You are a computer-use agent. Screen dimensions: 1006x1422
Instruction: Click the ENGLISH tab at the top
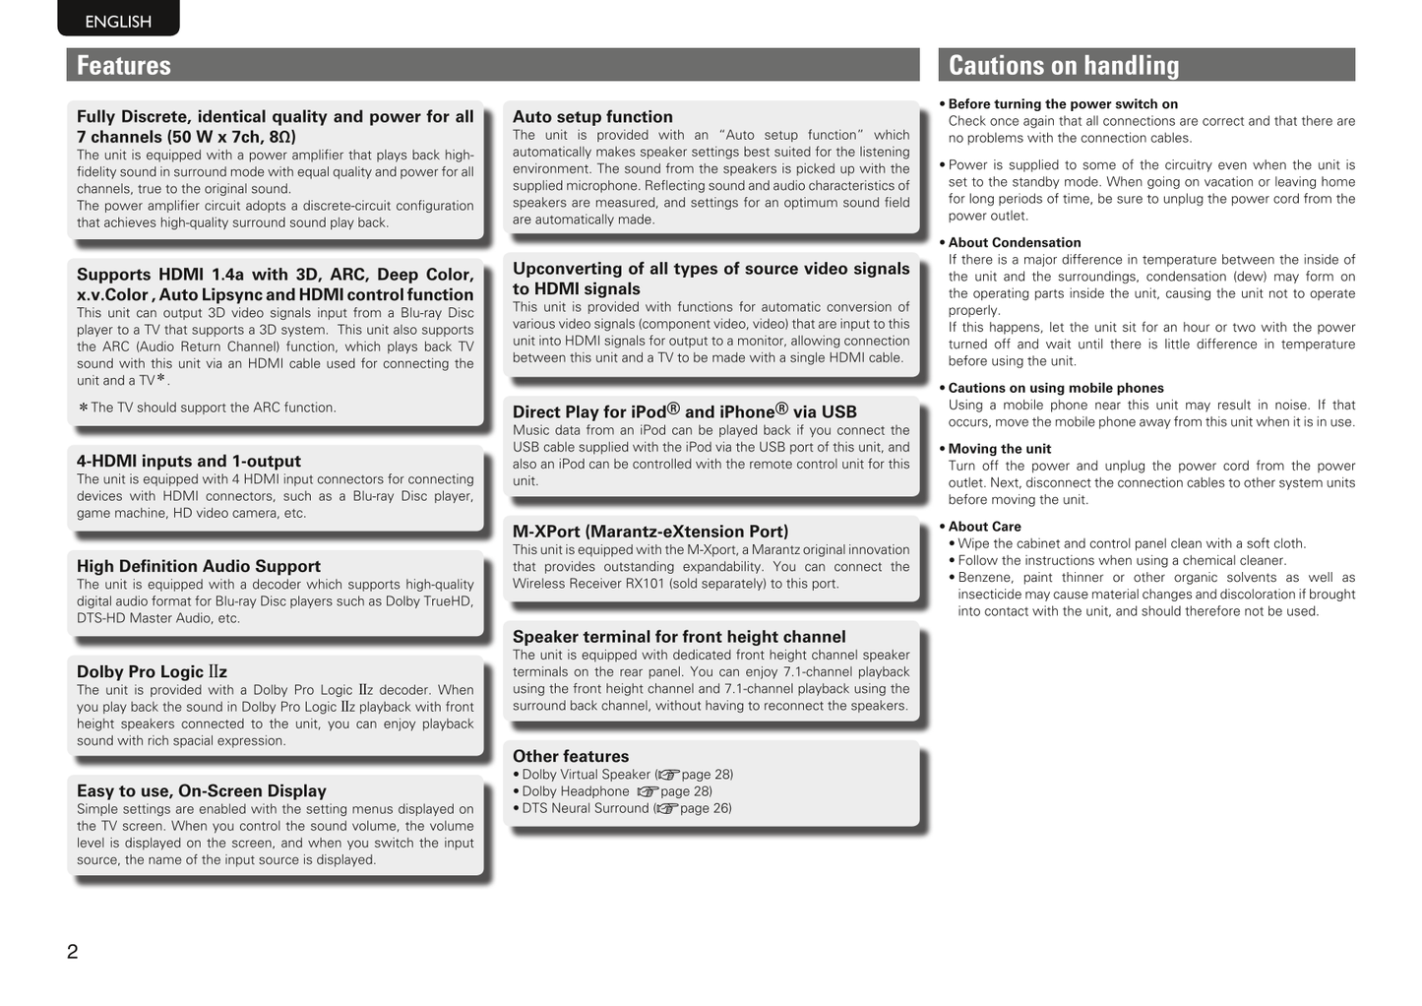click(118, 22)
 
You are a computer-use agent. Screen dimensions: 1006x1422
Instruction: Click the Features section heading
click(124, 66)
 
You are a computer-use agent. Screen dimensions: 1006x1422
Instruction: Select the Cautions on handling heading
click(1063, 66)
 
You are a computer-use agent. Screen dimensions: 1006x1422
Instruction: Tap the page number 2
click(72, 952)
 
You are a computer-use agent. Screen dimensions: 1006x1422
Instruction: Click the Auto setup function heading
click(592, 117)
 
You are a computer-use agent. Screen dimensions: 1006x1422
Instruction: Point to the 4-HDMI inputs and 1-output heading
click(189, 462)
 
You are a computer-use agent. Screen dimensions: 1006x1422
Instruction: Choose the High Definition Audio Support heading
click(199, 567)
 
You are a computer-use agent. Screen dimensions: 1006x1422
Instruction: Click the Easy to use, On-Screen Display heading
click(202, 791)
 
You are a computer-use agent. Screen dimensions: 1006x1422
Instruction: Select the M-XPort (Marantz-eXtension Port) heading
click(650, 532)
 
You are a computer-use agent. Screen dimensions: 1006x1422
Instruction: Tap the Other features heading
click(571, 757)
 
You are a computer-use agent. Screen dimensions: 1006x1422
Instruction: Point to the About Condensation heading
click(1015, 243)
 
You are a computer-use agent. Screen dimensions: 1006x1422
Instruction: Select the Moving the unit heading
click(1000, 449)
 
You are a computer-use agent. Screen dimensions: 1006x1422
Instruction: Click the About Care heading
click(985, 528)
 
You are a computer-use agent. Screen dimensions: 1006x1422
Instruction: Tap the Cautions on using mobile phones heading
click(1056, 389)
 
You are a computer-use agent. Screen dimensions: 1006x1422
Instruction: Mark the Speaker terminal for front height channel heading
click(679, 638)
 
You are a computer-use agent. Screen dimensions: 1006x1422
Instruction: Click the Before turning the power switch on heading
click(1063, 104)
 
